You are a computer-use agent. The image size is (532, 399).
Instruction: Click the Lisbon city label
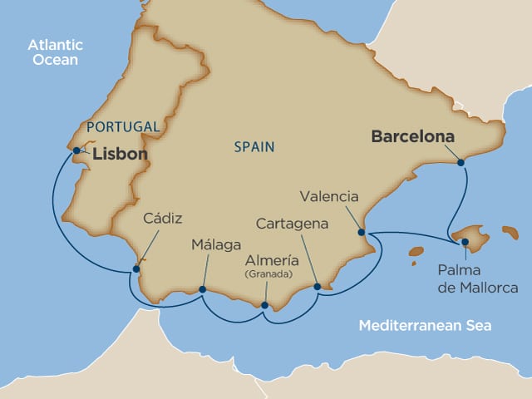click(x=120, y=155)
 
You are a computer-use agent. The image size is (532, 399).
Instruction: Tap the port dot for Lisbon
click(x=76, y=150)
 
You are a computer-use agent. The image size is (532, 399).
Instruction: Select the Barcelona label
click(x=413, y=135)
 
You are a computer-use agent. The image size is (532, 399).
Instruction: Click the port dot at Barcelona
click(x=461, y=163)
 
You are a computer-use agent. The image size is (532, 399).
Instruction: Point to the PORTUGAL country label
click(x=122, y=126)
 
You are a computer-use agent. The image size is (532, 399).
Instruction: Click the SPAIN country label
click(x=254, y=146)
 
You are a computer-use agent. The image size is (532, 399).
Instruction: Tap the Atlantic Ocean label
click(x=52, y=52)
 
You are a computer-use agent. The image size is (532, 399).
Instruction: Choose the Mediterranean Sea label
click(x=425, y=326)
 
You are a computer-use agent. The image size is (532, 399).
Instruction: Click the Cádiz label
click(x=162, y=218)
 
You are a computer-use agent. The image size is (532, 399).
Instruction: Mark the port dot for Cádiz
click(x=136, y=268)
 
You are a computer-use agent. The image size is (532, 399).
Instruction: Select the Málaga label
click(x=214, y=245)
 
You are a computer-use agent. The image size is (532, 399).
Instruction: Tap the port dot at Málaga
click(x=203, y=290)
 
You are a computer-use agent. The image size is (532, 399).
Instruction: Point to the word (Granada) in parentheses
click(x=267, y=273)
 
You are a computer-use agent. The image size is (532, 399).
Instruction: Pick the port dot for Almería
click(x=264, y=305)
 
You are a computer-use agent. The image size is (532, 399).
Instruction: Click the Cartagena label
click(x=292, y=224)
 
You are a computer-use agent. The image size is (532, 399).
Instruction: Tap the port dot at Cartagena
click(x=317, y=287)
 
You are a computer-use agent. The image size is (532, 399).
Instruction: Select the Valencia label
click(x=330, y=198)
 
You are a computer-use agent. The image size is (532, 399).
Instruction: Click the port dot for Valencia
click(x=361, y=232)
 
